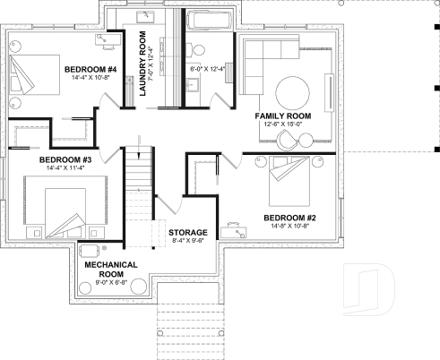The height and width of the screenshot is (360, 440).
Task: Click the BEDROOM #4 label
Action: coord(90,69)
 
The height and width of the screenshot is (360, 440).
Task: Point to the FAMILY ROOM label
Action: coord(282,116)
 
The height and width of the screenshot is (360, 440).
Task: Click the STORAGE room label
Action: coord(188,232)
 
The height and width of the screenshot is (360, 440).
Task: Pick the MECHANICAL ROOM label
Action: coord(111,270)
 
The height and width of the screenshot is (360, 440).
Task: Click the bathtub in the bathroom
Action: coord(210,19)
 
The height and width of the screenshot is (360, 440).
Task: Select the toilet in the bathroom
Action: coord(198,50)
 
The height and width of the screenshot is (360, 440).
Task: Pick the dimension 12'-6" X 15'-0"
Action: coord(282,126)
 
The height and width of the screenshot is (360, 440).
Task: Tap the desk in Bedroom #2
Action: coord(235,228)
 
